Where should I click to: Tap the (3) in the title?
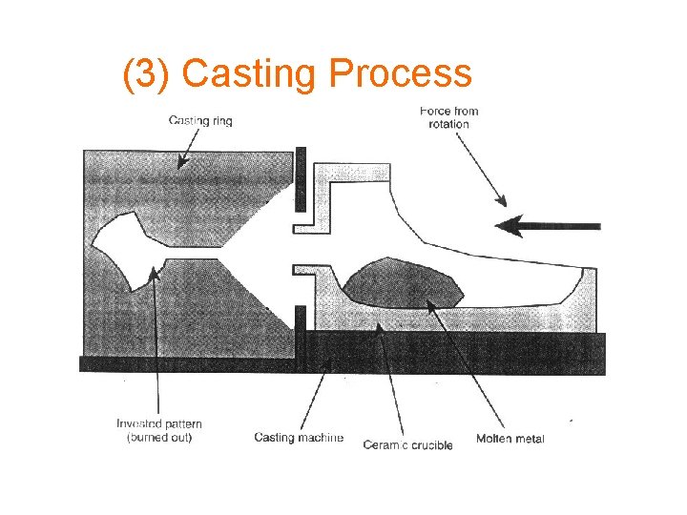[147, 74]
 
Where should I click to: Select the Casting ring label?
[200, 120]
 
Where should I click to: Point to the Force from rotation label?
[448, 117]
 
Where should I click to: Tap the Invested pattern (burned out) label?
[159, 430]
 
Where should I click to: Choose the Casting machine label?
[299, 438]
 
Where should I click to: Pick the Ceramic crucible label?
[407, 444]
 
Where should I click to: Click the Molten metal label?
[510, 439]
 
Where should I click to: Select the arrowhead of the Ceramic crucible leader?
[382, 325]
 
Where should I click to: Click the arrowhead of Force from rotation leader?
[504, 201]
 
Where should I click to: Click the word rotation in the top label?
[448, 124]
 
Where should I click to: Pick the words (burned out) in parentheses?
[159, 438]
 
